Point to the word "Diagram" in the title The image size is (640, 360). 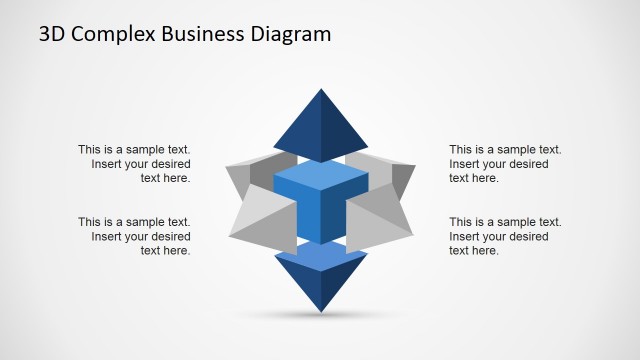click(x=291, y=35)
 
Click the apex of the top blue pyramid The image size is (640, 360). click(x=320, y=90)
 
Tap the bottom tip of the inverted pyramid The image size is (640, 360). click(x=320, y=311)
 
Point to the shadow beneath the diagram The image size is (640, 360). click(x=320, y=318)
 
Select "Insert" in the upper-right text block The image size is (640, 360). click(x=466, y=164)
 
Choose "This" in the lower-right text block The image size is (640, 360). click(x=462, y=222)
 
